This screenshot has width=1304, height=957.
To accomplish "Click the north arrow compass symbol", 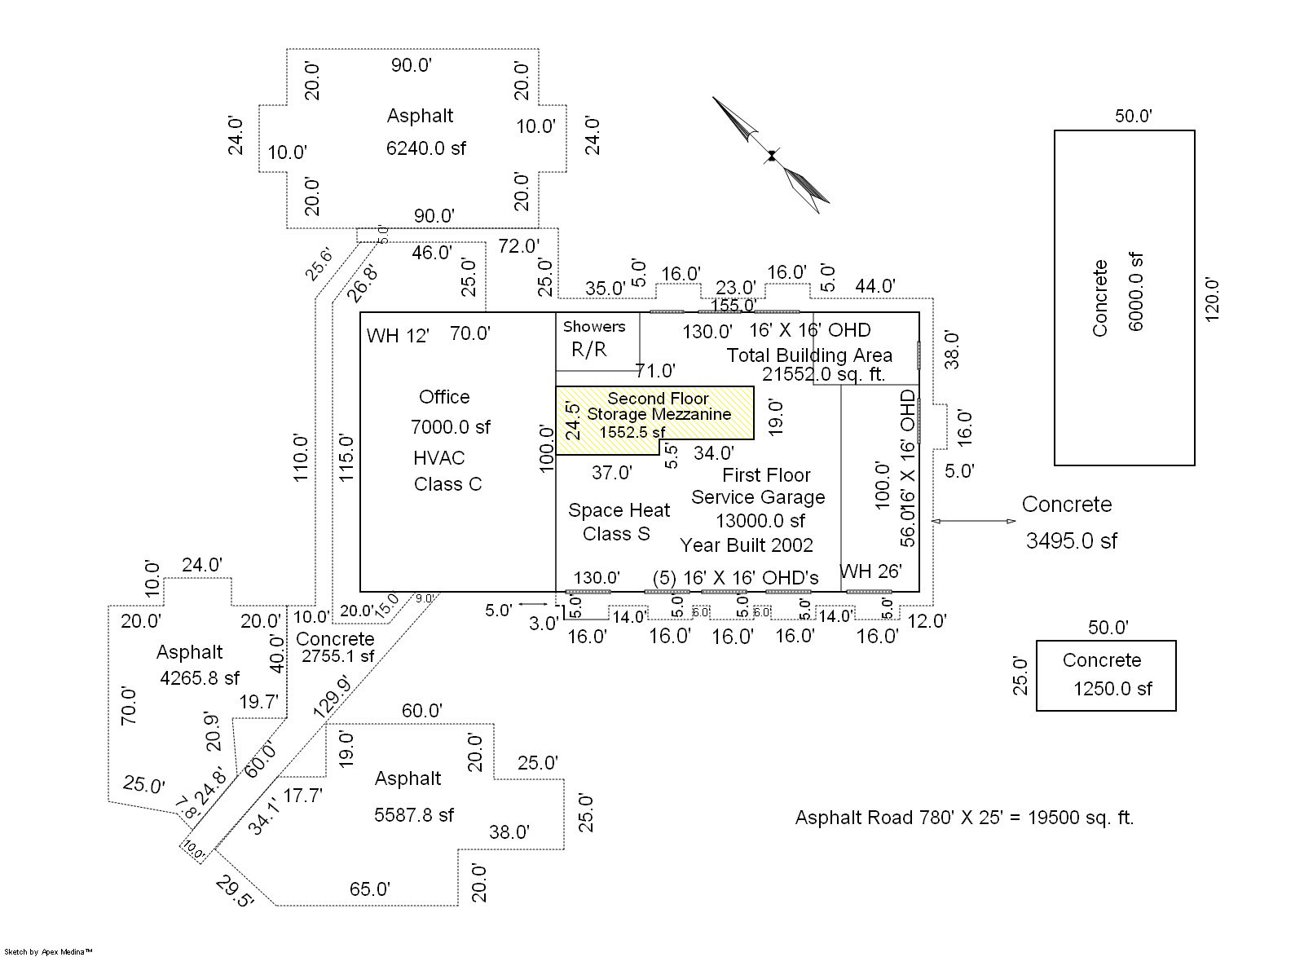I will pyautogui.click(x=770, y=155).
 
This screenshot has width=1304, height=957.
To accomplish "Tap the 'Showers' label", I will pyautogui.click(x=594, y=326).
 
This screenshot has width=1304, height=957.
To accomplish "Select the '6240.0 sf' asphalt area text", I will pyautogui.click(x=426, y=148).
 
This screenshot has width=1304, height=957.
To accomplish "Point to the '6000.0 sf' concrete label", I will pyautogui.click(x=1137, y=291).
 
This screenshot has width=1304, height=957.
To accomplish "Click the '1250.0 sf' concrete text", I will pyautogui.click(x=1112, y=689).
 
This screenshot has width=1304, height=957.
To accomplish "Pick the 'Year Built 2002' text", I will pyautogui.click(x=747, y=545).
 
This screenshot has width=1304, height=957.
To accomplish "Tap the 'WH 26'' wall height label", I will pyautogui.click(x=870, y=571).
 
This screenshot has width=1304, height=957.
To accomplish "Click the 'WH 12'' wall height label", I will pyautogui.click(x=398, y=336).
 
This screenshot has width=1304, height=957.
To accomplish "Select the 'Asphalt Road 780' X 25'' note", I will pyautogui.click(x=964, y=818).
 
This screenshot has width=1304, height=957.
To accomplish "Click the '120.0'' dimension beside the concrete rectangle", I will pyautogui.click(x=1212, y=300).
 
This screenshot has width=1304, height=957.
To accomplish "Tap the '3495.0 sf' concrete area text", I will pyautogui.click(x=1071, y=540).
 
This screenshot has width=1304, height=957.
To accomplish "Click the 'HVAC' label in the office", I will pyautogui.click(x=438, y=457).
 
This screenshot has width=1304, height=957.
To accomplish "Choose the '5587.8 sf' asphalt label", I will pyautogui.click(x=414, y=814).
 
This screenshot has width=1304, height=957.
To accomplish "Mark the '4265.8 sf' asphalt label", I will pyautogui.click(x=200, y=677).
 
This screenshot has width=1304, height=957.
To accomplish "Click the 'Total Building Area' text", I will pyautogui.click(x=809, y=355).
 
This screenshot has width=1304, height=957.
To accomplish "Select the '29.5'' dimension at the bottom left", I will pyautogui.click(x=235, y=892).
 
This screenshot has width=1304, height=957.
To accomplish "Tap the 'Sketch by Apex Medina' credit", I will pyautogui.click(x=48, y=951).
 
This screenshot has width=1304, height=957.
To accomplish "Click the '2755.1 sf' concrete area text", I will pyautogui.click(x=337, y=655).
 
